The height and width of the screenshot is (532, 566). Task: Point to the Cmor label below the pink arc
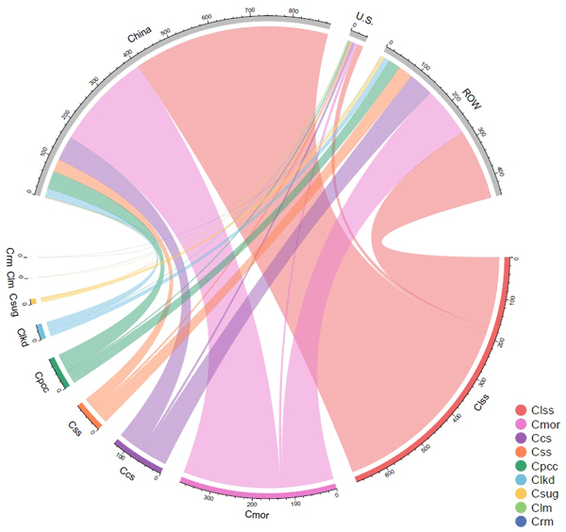pos(258,514)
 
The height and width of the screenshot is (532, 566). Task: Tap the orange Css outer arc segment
pos(88,412)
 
